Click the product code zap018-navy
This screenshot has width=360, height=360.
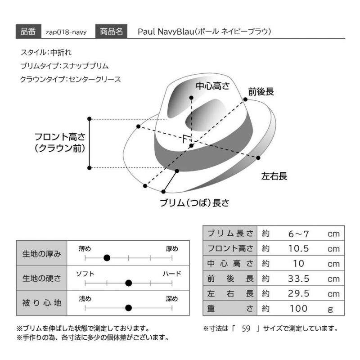point(66,32)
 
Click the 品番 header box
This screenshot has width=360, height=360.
point(28,31)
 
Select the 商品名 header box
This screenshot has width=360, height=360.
point(111,31)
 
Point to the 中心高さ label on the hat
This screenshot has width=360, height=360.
point(212,86)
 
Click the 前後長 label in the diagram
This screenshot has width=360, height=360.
point(261,92)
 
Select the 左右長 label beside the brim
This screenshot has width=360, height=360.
point(274,176)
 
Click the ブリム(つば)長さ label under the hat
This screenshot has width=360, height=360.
point(194,203)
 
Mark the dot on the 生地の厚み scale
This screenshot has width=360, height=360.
point(107,258)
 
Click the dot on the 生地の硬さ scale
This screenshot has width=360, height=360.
point(129,283)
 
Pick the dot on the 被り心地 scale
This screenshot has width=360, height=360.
point(129,308)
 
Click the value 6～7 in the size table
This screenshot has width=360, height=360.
point(298,234)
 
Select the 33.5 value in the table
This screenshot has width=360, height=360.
point(298,279)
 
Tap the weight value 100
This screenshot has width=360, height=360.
point(298,309)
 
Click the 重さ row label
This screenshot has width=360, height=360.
point(230,309)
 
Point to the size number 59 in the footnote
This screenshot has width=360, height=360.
point(246,328)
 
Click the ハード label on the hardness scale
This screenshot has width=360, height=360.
point(172,274)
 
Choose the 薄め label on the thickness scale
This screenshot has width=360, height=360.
point(85,249)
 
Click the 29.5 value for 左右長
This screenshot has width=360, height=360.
point(298,294)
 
